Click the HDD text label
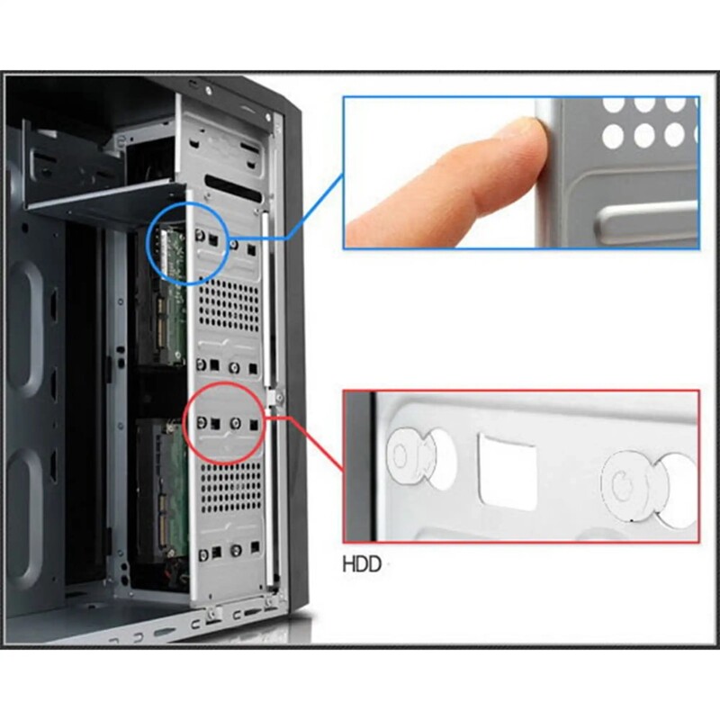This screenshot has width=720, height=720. tap(362, 564)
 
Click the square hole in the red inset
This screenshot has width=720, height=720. tap(508, 471)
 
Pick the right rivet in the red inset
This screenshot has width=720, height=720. tap(627, 487)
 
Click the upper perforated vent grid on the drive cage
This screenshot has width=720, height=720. tap(229, 305)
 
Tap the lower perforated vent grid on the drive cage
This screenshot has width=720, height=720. tap(231, 487)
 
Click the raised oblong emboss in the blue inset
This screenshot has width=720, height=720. tap(646, 224)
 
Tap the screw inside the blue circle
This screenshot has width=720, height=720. tap(200, 236)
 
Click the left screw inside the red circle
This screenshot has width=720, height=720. tap(202, 422)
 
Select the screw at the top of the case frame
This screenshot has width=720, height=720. tap(209, 91)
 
